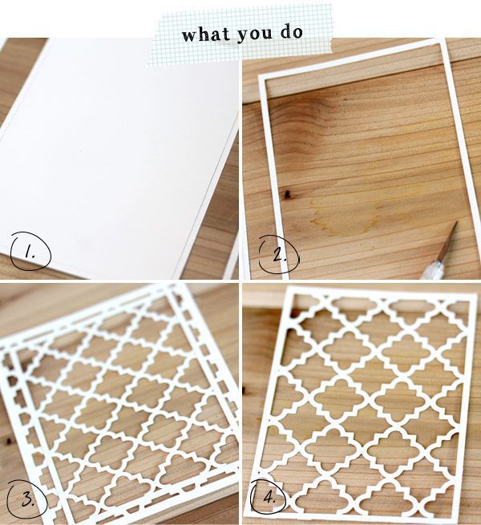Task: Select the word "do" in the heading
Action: [x=292, y=32]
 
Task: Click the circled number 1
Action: [x=30, y=251]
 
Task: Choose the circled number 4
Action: [x=269, y=498]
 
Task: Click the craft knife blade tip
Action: [x=457, y=222]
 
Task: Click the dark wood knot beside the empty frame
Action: [x=287, y=194]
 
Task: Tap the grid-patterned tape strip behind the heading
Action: [x=240, y=34]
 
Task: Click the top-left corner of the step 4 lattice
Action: [x=289, y=286]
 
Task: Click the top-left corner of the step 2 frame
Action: [x=258, y=75]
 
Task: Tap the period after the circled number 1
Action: [x=34, y=256]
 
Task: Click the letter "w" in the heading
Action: [x=189, y=36]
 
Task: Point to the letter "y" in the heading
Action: [x=242, y=38]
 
